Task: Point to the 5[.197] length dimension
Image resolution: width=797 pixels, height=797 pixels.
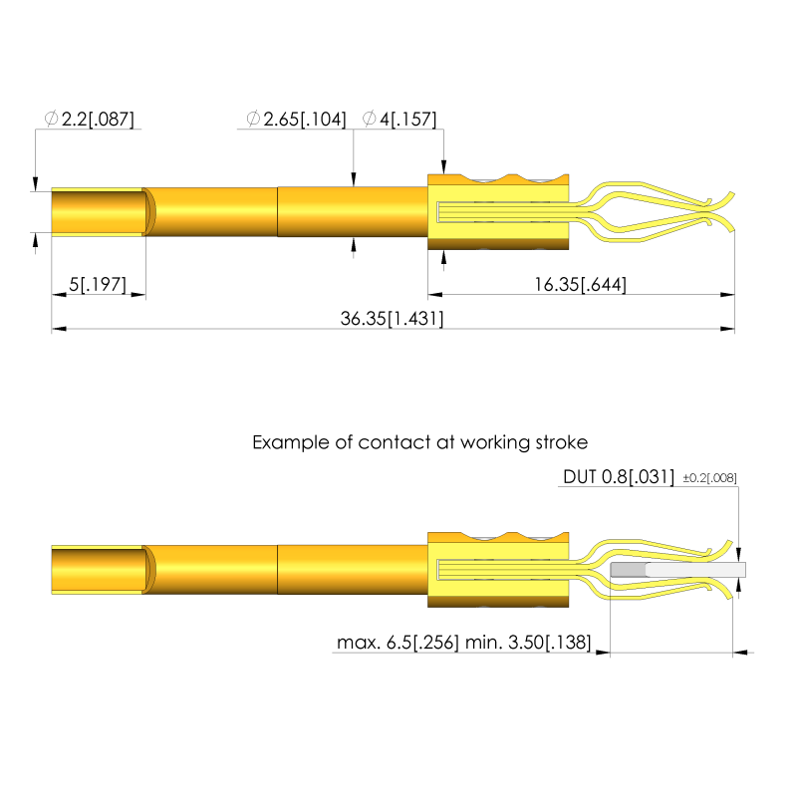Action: (x=98, y=285)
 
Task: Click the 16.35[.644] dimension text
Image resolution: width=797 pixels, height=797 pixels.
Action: (x=580, y=285)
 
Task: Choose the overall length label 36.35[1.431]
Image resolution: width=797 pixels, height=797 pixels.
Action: (x=392, y=319)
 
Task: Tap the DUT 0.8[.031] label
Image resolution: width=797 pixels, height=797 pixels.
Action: (x=619, y=477)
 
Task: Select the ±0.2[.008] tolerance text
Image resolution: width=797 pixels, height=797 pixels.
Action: (x=709, y=478)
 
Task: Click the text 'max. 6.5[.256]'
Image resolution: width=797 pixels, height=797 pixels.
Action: (x=398, y=643)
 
